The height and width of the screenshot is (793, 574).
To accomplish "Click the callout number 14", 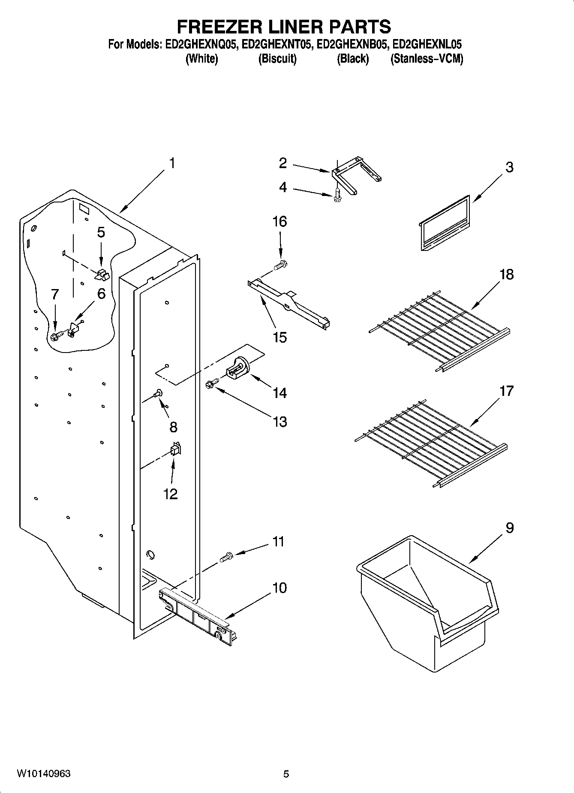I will [x=279, y=392].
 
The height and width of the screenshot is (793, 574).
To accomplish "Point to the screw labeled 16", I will [x=281, y=265].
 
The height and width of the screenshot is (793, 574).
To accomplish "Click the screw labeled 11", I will [x=225, y=557].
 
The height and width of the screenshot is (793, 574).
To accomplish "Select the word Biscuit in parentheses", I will [x=277, y=59].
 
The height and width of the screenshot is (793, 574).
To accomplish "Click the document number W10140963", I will [x=44, y=773].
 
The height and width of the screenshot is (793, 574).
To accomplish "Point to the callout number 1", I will [x=171, y=163].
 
